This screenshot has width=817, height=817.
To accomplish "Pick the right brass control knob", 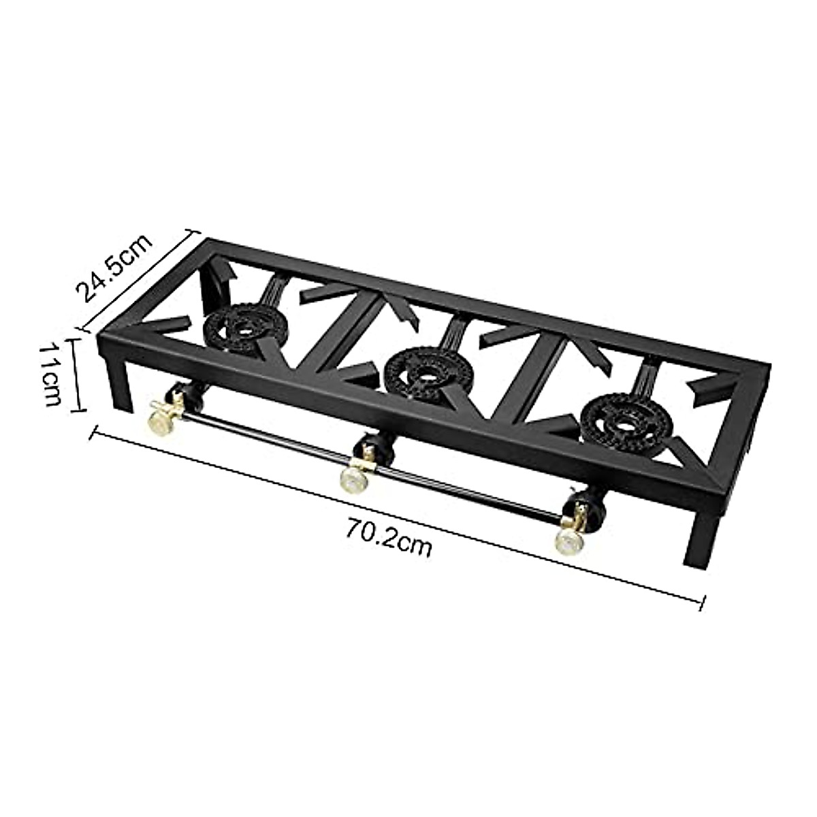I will (568, 538).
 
